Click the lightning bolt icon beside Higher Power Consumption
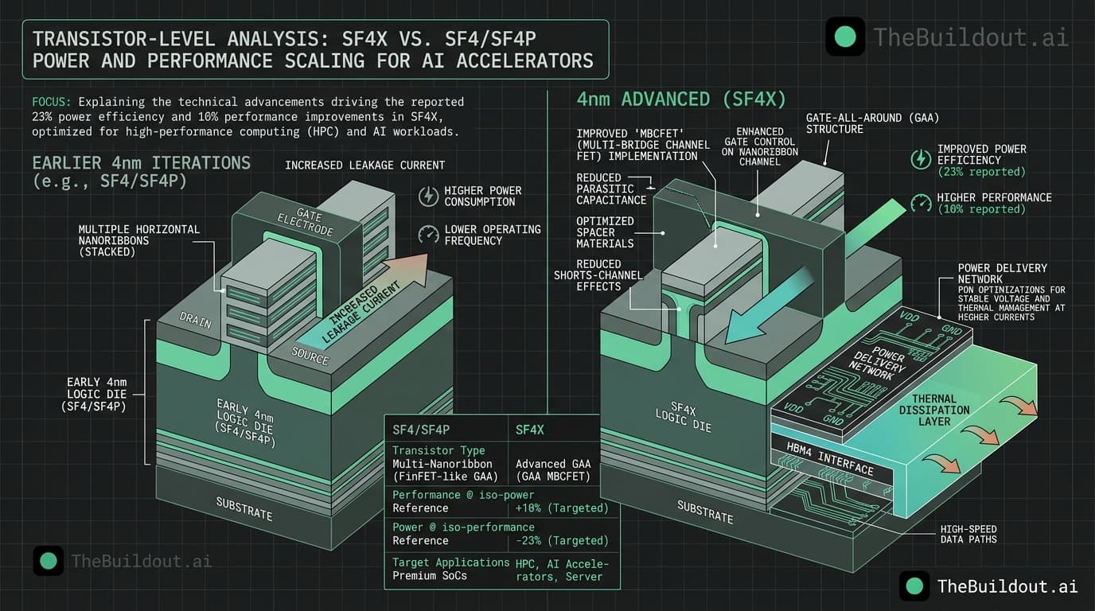pyautogui.click(x=428, y=196)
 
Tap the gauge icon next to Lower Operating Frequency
pyautogui.click(x=428, y=235)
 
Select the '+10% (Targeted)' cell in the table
pyautogui.click(x=562, y=508)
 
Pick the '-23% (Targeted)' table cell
pyautogui.click(x=562, y=540)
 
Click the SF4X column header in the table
pyautogui.click(x=530, y=430)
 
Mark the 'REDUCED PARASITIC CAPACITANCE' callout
pyautogui.click(x=606, y=189)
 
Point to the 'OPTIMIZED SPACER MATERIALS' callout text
pyautogui.click(x=606, y=232)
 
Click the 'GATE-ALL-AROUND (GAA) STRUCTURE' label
pyautogui.click(x=872, y=123)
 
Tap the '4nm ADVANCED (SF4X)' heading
pyautogui.click(x=681, y=99)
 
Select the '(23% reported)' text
pyautogui.click(x=981, y=172)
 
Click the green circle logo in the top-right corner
pyautogui.click(x=844, y=37)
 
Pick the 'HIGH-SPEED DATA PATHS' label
pyautogui.click(x=968, y=534)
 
